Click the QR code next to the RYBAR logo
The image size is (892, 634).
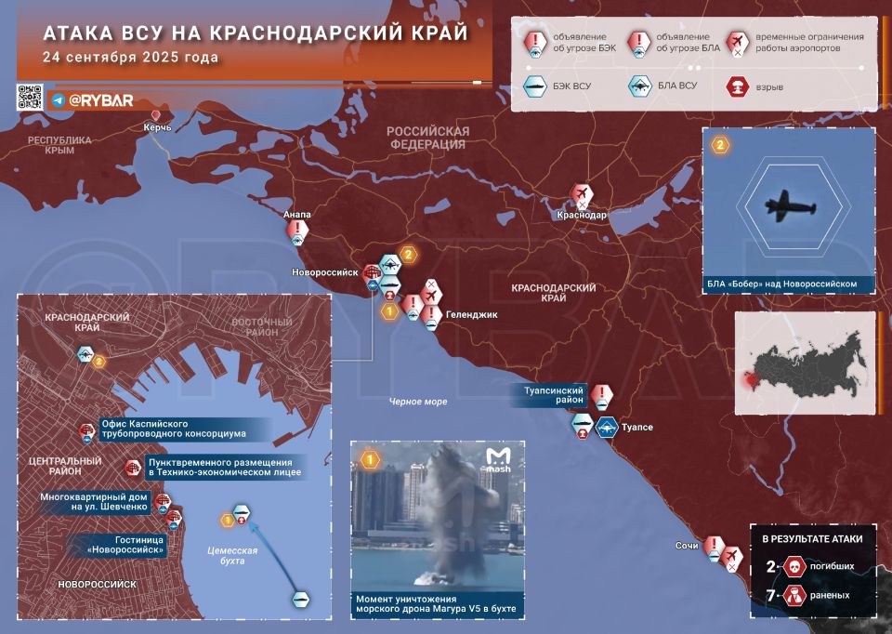point(30,98)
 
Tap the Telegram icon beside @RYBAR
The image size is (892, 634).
point(58,100)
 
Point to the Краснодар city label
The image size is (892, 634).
point(582,215)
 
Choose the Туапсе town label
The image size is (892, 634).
point(636,427)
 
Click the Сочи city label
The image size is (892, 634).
point(687,546)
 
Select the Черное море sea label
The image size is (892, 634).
point(418,402)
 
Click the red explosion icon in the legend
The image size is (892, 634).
point(738,86)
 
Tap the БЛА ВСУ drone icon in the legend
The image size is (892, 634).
point(639,86)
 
